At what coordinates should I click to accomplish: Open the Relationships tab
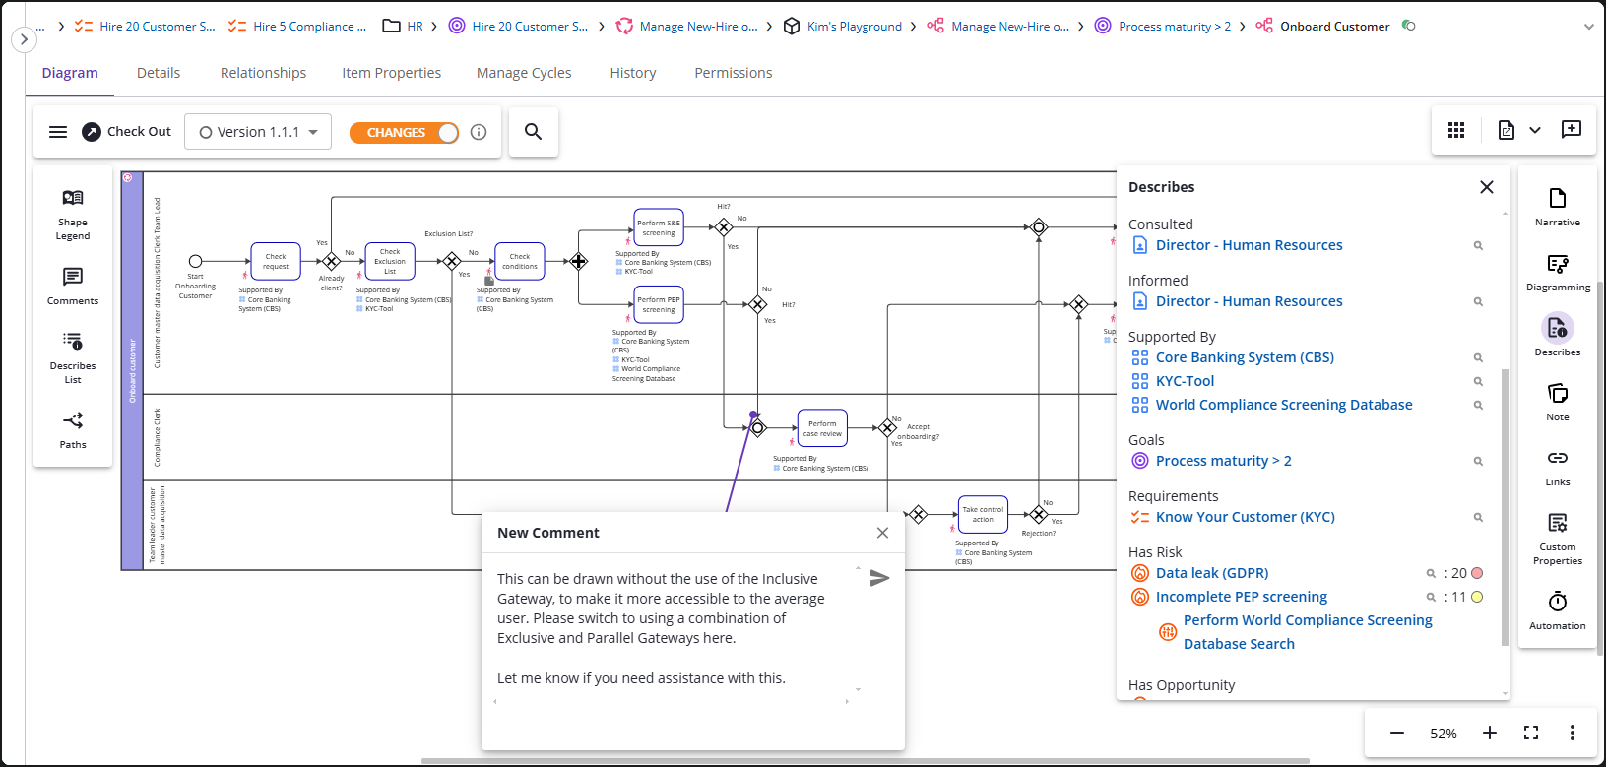point(263,73)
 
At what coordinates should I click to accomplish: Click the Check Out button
point(126,132)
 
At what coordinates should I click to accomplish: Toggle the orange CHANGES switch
point(404,132)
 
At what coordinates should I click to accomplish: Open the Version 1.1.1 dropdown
point(258,132)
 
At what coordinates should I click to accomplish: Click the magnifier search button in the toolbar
point(533,132)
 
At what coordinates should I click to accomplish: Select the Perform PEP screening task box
point(659,304)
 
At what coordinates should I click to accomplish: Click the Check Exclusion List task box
point(390,261)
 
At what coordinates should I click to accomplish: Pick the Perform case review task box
point(822,428)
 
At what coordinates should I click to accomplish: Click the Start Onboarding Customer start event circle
point(195,261)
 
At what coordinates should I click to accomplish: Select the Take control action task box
point(983,514)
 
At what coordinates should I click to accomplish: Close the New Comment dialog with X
point(882,533)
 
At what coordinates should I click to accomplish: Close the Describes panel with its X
point(1487,187)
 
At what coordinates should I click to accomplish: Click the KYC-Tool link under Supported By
point(1185,381)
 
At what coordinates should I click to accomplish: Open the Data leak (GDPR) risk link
point(1211,573)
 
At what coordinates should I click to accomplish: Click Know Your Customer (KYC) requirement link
point(1245,517)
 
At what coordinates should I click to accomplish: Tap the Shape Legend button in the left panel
point(73,214)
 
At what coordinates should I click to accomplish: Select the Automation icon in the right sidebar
point(1558,609)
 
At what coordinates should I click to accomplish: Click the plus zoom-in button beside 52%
point(1490,733)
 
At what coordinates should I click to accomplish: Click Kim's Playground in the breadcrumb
point(854,27)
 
